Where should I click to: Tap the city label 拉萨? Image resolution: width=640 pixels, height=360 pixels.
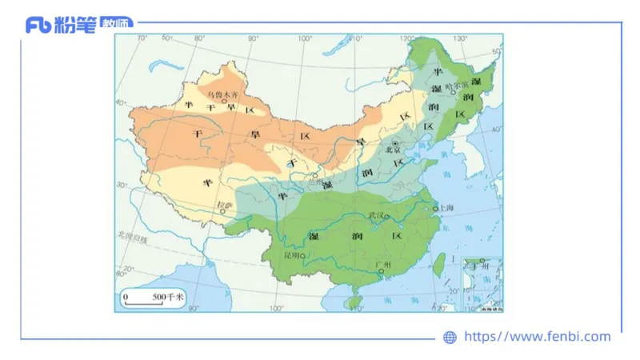pos(225,205)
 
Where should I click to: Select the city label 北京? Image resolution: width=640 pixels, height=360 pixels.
pos(392,150)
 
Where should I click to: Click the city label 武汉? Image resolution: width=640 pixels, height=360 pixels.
pos(375,216)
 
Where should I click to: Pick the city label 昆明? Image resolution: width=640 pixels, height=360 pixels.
pos(291,256)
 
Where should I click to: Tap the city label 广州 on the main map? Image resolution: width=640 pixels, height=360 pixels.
pos(382,264)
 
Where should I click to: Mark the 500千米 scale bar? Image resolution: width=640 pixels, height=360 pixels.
pos(153,298)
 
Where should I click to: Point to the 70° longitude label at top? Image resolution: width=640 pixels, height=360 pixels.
pos(143,38)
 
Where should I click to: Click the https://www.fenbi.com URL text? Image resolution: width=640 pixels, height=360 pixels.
pos(537,337)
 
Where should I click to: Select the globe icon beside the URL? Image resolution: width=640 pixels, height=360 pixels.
pos(450,338)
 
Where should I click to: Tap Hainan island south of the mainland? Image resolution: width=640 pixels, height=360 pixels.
pos(355,301)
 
